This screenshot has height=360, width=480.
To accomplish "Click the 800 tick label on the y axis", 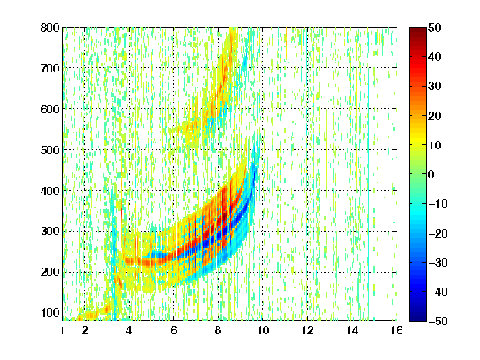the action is coord(50,27).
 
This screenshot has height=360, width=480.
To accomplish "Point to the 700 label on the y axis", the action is coord(50,68).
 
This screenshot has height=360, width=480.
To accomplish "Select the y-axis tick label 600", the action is coord(50,109).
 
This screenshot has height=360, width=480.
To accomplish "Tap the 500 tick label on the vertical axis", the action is coord(50,150).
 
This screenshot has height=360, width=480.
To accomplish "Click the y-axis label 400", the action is coord(50,191).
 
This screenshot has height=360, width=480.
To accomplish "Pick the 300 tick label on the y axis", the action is coord(50,231).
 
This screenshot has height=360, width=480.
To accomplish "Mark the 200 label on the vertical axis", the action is coord(50,272).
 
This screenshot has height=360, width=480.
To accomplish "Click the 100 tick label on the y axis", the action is coord(50,312).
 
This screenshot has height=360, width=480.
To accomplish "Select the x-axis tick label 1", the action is coord(62,330).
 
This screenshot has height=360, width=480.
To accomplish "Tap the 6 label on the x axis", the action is coord(173,330).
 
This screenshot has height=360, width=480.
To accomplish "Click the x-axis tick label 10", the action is coord(262,330).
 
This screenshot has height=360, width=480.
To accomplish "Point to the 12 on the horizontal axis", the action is coord(307,330).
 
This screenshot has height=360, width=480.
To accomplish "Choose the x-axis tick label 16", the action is coord(397,330).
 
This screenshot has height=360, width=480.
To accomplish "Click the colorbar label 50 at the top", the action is coord(434,27).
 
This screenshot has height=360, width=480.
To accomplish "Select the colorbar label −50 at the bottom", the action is coord(438,321).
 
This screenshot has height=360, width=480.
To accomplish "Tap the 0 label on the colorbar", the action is coord(431,174).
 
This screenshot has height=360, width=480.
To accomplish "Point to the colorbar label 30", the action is coord(434,87).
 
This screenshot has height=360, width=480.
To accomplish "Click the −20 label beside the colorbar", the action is coord(438,233).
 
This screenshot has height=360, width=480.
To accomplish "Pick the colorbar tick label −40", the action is coord(438,292).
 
